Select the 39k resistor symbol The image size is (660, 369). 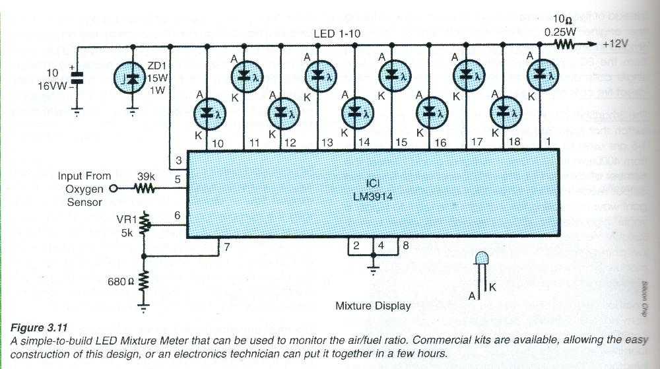point(145,189)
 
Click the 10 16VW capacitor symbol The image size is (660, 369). point(77,77)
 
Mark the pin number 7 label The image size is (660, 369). point(227,248)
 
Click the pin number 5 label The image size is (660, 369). point(178,179)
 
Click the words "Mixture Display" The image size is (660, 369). point(373,306)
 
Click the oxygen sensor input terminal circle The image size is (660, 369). point(113,189)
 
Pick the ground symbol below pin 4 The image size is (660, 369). point(374,269)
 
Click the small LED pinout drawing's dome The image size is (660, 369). point(482,257)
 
